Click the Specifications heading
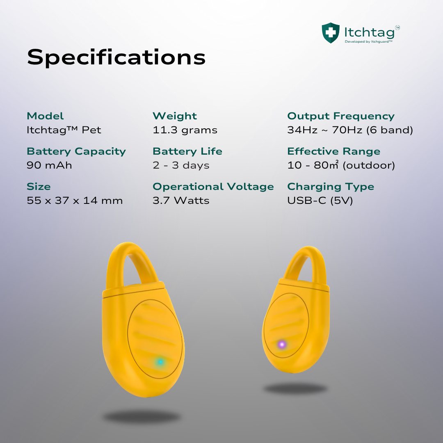pos(116,57)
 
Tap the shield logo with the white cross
pos(331,33)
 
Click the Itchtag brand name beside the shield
pos(369,32)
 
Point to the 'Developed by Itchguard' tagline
pos(368,41)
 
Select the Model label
pos(45,116)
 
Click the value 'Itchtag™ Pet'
pos(64,130)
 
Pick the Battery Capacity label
pos(76,151)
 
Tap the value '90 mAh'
pos(49,165)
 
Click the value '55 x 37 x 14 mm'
pos(75,201)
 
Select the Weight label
pos(175,116)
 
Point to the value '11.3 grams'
pos(185,130)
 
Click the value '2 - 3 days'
pos(181,165)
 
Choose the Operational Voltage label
pos(213,187)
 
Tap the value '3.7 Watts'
pos(181,201)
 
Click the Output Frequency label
pos(341,116)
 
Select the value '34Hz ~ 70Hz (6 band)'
pos(350,130)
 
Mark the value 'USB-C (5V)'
pos(320,201)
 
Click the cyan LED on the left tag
pos(160,362)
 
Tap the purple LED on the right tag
pos(282,345)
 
